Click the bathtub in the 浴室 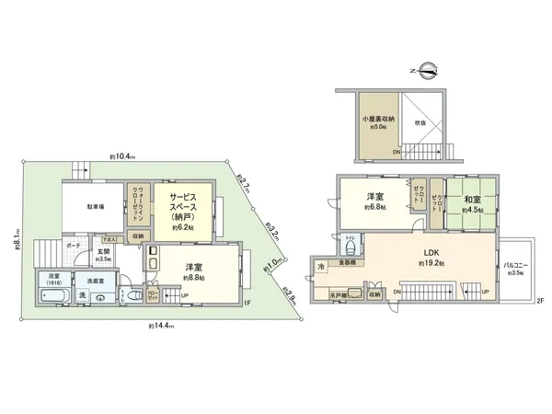[x=53, y=296]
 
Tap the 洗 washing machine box [x=83, y=295]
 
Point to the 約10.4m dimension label [x=121, y=157]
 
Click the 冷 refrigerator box [x=321, y=267]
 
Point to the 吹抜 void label [x=420, y=122]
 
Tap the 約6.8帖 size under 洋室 [x=375, y=207]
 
